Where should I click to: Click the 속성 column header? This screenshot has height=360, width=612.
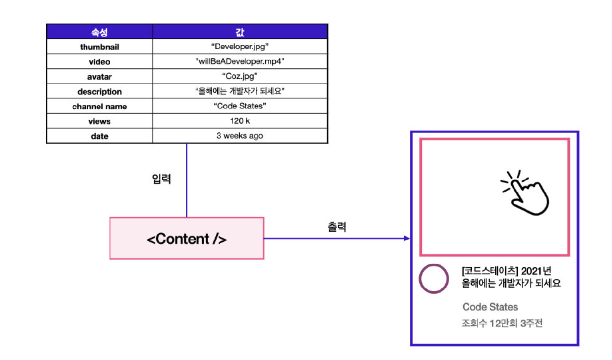pyautogui.click(x=99, y=32)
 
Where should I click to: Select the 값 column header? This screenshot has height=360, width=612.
pyautogui.click(x=240, y=32)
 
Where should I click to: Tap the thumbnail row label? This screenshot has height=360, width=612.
pyautogui.click(x=99, y=47)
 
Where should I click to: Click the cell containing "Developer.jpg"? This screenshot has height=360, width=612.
pyautogui.click(x=240, y=47)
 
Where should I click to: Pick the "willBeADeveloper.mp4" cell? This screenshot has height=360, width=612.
pyautogui.click(x=240, y=62)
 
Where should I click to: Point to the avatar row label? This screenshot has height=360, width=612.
pyautogui.click(x=99, y=77)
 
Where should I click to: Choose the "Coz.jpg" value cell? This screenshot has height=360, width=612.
pyautogui.click(x=240, y=77)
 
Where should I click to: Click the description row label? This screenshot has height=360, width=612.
pyautogui.click(x=99, y=92)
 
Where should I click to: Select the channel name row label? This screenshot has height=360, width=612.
pyautogui.click(x=99, y=107)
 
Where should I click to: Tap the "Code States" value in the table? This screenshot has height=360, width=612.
pyautogui.click(x=240, y=107)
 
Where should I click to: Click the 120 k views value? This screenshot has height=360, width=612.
pyautogui.click(x=240, y=121)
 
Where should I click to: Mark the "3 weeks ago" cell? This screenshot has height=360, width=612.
pyautogui.click(x=240, y=136)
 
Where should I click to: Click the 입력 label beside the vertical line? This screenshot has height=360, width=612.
pyautogui.click(x=161, y=180)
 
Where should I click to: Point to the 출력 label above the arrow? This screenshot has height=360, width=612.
pyautogui.click(x=337, y=227)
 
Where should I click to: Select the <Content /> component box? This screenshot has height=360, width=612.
pyautogui.click(x=186, y=239)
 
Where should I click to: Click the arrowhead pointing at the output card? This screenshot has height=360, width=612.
pyautogui.click(x=407, y=239)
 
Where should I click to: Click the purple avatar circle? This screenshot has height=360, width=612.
pyautogui.click(x=434, y=279)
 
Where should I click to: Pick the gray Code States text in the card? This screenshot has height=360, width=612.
pyautogui.click(x=490, y=307)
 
